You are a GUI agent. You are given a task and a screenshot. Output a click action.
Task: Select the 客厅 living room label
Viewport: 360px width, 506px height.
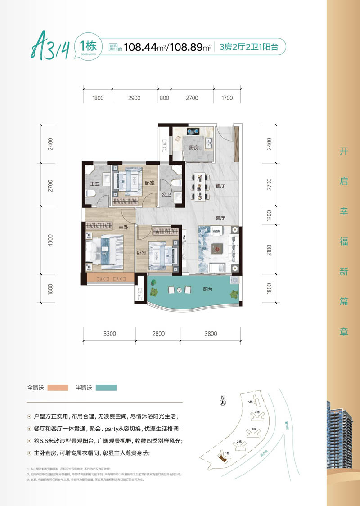click(220, 218)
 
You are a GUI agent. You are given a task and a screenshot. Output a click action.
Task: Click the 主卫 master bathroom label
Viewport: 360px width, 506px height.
click(94, 184)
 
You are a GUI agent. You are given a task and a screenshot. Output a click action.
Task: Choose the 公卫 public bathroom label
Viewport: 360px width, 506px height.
click(165, 194)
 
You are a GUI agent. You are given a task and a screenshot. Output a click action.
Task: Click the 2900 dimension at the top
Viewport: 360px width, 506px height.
click(134, 98)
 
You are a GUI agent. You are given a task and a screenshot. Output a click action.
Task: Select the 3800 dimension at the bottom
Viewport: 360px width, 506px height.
click(210, 333)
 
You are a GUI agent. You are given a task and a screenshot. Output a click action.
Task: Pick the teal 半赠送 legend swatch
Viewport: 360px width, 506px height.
click(106, 387)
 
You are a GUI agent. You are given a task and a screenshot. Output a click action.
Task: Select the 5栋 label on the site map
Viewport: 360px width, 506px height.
click(250, 402)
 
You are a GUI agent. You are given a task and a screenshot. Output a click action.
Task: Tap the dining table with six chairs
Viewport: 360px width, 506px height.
click(198, 186)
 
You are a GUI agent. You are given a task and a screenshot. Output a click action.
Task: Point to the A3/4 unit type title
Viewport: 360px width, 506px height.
click(50, 47)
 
